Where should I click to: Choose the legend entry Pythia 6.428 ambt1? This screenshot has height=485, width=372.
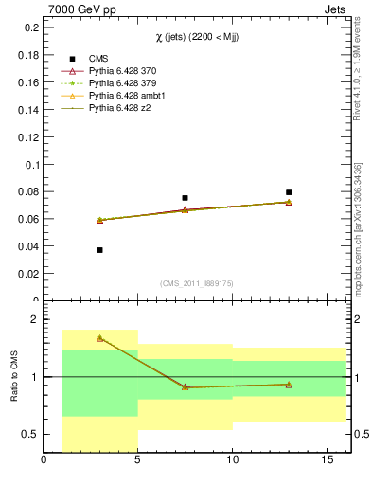pos(128,96)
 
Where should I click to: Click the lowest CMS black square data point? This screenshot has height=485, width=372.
pos(99,250)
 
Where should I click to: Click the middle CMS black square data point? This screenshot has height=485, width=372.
pos(185,198)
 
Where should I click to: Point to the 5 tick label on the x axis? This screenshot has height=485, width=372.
pos(138,461)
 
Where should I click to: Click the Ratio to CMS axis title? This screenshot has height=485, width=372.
pos(12,377)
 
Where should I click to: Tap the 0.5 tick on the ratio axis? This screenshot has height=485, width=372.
pos(29,434)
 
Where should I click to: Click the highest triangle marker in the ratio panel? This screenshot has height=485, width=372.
pos(99,338)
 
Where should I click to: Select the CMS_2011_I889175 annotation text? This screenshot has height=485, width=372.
pos(195,283)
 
